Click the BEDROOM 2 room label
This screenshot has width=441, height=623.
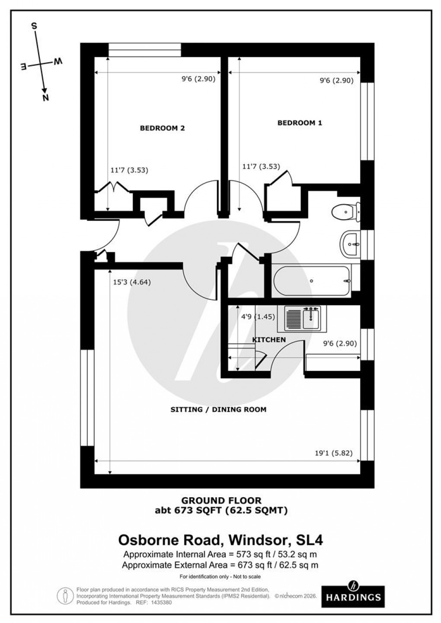click(162, 128)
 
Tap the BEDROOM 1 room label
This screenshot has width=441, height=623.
click(300, 123)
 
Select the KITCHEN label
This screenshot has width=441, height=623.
click(269, 340)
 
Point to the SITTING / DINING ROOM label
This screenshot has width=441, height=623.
click(218, 409)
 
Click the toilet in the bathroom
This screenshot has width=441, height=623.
click(346, 212)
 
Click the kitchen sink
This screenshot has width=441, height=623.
click(304, 318)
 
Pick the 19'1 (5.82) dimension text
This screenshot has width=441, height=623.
click(333, 454)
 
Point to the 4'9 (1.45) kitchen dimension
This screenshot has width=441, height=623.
click(258, 316)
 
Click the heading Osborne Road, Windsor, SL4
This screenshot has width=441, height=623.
click(220, 540)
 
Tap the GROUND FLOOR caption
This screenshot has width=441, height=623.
click(221, 501)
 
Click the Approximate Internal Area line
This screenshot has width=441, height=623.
click(220, 555)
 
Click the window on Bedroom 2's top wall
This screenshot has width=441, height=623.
click(144, 49)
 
